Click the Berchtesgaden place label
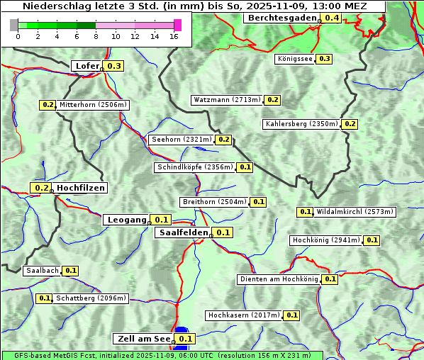tap(281, 18)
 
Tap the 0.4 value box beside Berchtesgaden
tap(331, 18)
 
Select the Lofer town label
tap(87, 66)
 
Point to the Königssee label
tap(295, 59)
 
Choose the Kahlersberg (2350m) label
tap(301, 124)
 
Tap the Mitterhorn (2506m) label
tap(93, 105)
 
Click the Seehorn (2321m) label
tap(182, 140)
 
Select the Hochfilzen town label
tap(80, 188)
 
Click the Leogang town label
tap(126, 220)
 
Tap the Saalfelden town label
tap(183, 232)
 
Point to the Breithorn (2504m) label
tap(214, 202)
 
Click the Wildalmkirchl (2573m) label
tap(355, 212)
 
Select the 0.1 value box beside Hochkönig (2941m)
tap(372, 240)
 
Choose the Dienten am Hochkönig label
tap(279, 279)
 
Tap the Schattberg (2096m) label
tap(91, 298)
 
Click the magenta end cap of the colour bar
tap(177, 25)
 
